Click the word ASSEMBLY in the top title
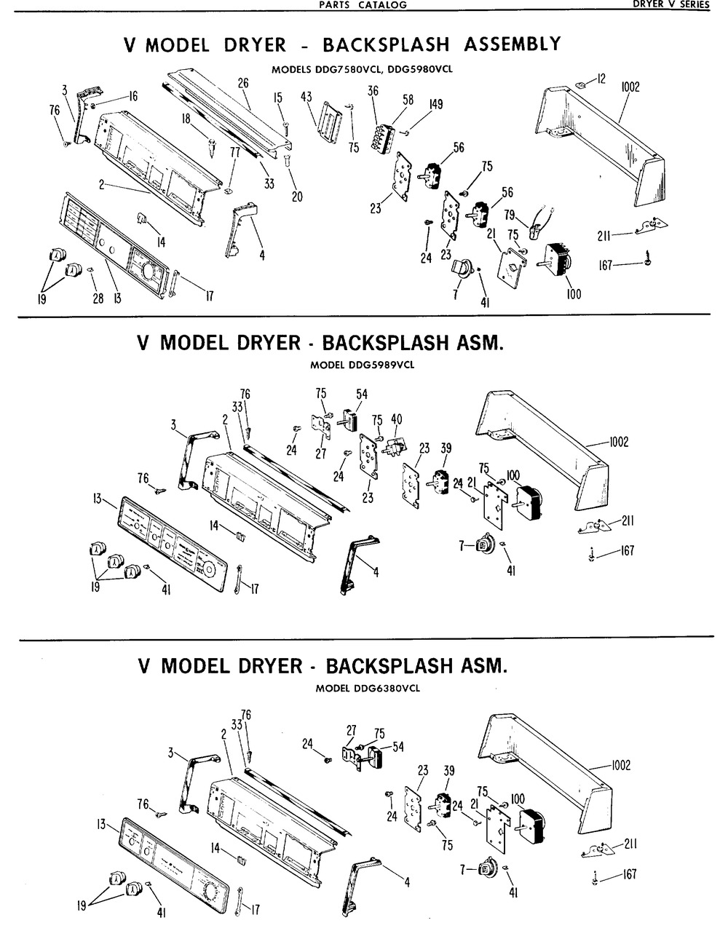tap(513, 44)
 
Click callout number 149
tap(435, 104)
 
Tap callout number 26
tap(243, 84)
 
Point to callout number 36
tap(373, 92)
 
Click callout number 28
tap(99, 298)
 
